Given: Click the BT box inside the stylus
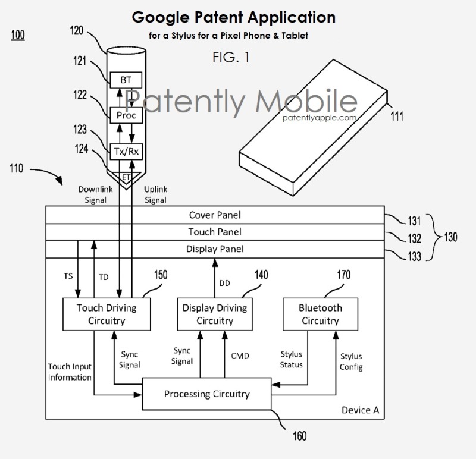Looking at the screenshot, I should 126,79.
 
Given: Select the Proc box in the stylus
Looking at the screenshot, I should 126,115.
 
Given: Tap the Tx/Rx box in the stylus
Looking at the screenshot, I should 126,151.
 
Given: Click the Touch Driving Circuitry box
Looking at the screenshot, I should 107,315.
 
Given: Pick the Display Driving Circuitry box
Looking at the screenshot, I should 215,315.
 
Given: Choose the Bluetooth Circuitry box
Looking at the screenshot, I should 320,315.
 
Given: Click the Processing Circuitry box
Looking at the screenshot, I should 207,394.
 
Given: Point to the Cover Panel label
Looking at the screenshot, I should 215,215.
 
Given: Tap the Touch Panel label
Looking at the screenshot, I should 215,232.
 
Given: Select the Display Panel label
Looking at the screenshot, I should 215,249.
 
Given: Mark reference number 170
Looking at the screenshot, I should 343,275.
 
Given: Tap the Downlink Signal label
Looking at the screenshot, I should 93,195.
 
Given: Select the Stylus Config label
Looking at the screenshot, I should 351,361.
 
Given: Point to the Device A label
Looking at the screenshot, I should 361,410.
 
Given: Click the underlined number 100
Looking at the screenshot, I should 17,36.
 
